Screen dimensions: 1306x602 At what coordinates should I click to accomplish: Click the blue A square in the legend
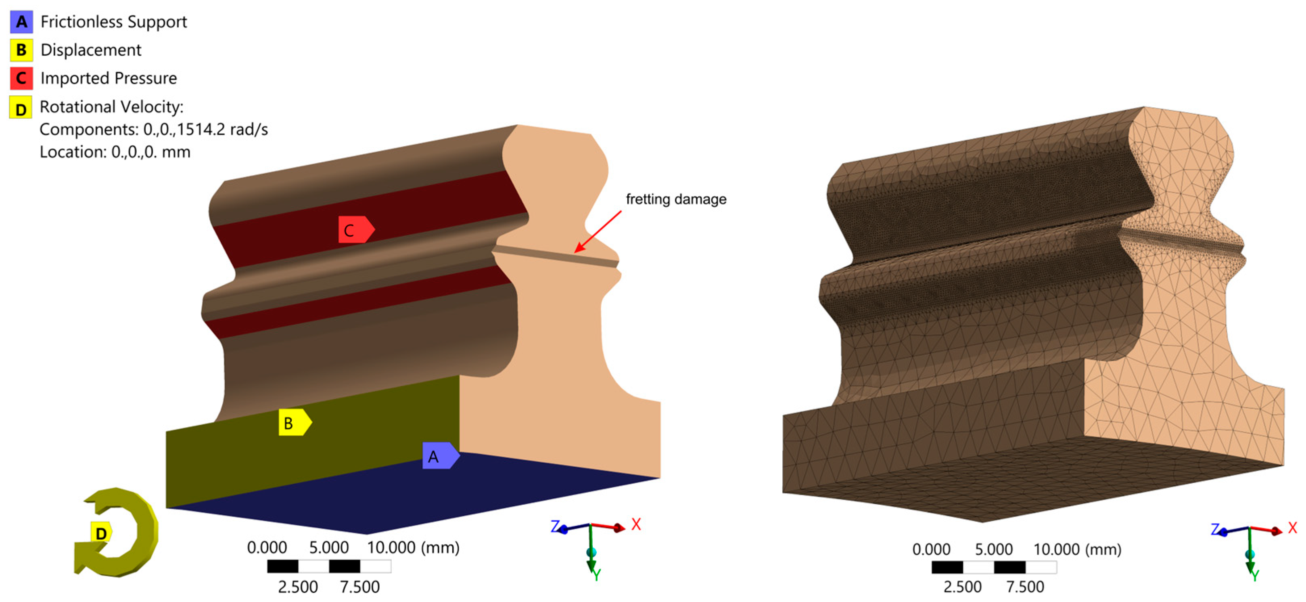[x=21, y=22]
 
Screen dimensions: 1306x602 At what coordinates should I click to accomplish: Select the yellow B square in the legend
[x=21, y=50]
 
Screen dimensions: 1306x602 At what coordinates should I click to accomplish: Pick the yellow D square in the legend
[x=21, y=107]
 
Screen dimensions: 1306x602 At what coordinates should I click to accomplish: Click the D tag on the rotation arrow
[x=101, y=533]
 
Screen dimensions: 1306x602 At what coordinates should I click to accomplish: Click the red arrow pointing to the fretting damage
[x=598, y=231]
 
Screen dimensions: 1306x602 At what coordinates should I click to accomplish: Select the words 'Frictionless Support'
[x=113, y=22]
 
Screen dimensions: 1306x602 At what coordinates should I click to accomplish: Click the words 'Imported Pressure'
[x=109, y=78]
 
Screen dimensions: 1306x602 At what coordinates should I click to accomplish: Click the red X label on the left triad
[x=636, y=524]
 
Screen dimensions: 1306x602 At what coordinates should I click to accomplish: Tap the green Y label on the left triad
[x=596, y=575]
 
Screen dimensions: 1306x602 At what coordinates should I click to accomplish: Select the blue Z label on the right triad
[x=1215, y=529]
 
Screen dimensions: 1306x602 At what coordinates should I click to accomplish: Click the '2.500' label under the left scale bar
[x=298, y=587]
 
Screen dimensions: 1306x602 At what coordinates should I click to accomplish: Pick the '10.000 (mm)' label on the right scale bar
[x=1077, y=549]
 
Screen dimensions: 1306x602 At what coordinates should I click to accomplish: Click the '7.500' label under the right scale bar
[x=1025, y=587]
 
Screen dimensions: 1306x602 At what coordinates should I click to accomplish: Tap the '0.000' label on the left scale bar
[x=267, y=548]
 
